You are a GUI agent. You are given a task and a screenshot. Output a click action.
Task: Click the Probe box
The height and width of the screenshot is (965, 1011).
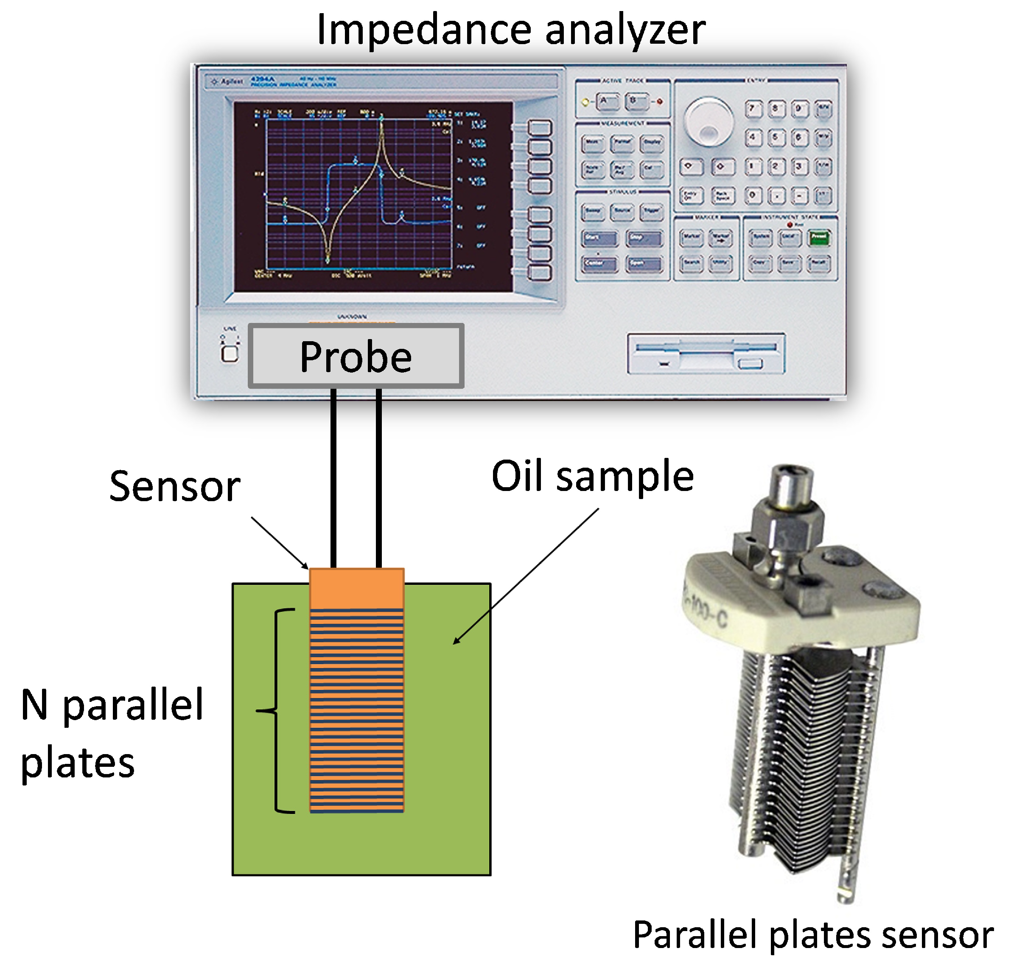click(356, 356)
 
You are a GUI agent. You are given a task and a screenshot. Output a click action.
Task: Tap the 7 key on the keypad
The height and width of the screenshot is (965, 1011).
click(753, 109)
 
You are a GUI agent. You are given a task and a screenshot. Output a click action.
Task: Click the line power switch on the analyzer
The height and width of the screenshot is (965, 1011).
click(230, 353)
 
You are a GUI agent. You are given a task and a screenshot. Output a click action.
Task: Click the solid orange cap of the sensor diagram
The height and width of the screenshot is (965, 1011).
click(356, 588)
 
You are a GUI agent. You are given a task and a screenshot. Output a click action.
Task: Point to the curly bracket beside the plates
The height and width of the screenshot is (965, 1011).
click(278, 711)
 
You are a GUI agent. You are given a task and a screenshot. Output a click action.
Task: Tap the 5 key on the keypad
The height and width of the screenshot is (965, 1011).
click(776, 138)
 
